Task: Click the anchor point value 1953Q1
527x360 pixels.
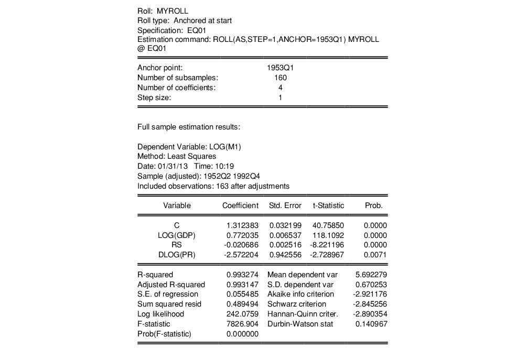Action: click(x=280, y=68)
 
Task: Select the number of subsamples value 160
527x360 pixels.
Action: click(x=280, y=78)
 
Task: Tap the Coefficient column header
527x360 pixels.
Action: click(x=240, y=205)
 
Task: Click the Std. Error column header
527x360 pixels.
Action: click(x=285, y=205)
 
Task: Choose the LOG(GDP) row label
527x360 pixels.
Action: click(x=177, y=235)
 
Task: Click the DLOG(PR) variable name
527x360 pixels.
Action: click(x=177, y=255)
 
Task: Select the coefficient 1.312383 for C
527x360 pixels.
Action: click(x=242, y=225)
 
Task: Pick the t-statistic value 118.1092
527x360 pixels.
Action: click(x=328, y=235)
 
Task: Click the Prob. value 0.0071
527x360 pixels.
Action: click(x=375, y=255)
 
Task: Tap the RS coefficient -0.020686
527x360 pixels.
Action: click(x=241, y=245)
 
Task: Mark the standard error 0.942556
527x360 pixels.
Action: click(x=285, y=255)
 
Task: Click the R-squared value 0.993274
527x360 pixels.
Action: click(x=242, y=275)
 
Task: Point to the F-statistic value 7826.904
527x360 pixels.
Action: click(x=242, y=324)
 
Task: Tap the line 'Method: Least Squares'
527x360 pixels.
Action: click(x=177, y=156)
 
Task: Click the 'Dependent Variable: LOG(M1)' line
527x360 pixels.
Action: click(x=189, y=146)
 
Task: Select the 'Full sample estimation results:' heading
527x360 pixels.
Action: click(x=189, y=127)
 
